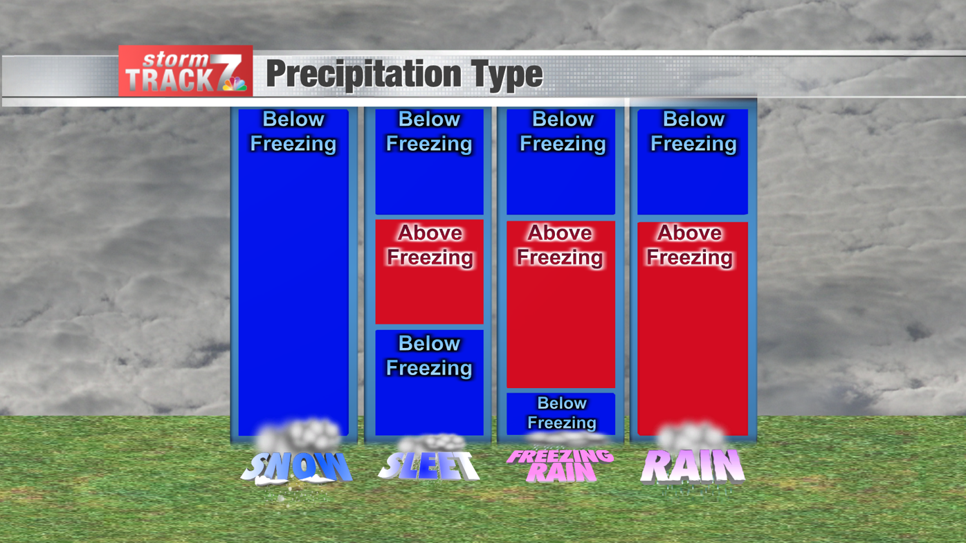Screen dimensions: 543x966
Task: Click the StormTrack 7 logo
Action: click(x=185, y=71)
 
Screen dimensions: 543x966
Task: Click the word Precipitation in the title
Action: click(x=363, y=74)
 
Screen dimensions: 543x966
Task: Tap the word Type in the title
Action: click(x=507, y=73)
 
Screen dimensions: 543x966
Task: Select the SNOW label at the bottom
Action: click(x=296, y=468)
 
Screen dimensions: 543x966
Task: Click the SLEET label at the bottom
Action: click(x=428, y=466)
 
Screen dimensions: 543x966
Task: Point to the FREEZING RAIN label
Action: click(x=560, y=466)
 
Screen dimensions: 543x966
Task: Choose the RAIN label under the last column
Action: click(x=692, y=466)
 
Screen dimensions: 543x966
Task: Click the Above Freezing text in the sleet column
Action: click(x=430, y=245)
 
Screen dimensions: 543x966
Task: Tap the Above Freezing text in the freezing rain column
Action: click(x=560, y=245)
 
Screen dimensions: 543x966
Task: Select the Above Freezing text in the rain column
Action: click(x=690, y=245)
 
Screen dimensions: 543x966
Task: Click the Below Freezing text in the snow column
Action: click(x=293, y=131)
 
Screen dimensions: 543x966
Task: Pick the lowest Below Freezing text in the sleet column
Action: click(x=429, y=356)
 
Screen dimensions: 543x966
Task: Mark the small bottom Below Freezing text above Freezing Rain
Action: click(x=561, y=412)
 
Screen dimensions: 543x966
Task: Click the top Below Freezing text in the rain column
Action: click(x=693, y=131)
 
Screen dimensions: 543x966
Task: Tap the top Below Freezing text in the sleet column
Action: click(x=429, y=131)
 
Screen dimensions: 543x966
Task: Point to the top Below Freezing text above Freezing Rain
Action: click(x=563, y=131)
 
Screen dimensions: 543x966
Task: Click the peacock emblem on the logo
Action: click(x=234, y=84)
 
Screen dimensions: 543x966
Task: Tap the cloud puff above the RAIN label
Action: click(x=691, y=436)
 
